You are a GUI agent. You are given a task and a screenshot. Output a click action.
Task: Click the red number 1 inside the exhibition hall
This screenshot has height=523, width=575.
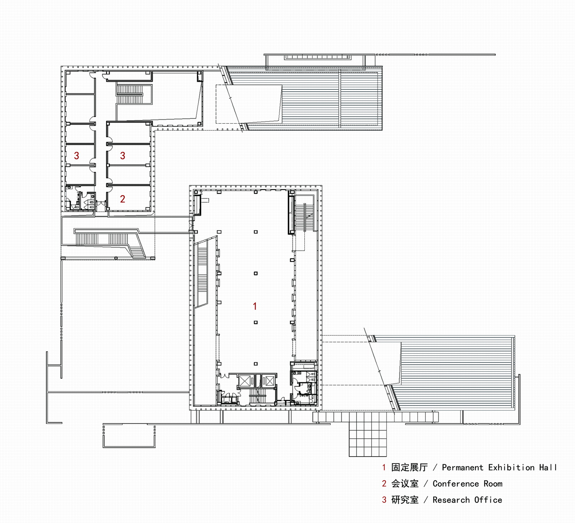click(x=255, y=306)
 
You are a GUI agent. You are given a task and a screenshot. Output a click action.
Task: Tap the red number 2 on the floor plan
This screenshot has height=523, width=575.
click(x=122, y=199)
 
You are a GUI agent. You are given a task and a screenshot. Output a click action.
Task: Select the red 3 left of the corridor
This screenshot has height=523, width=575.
click(x=76, y=156)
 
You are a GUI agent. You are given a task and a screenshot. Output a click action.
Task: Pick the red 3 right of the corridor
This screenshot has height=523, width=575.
click(x=122, y=156)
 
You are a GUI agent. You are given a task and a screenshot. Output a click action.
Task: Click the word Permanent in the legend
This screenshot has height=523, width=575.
click(x=462, y=467)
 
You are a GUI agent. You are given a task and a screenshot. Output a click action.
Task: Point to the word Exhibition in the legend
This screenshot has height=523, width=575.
click(x=511, y=467)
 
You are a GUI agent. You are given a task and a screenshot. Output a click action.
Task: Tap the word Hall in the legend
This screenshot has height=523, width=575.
click(x=548, y=467)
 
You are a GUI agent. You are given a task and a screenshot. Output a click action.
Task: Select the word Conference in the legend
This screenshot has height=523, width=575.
click(x=456, y=484)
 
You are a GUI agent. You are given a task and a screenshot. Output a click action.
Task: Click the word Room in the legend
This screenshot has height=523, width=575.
click(x=493, y=484)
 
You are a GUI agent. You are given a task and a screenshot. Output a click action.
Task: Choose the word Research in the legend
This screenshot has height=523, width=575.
click(x=451, y=500)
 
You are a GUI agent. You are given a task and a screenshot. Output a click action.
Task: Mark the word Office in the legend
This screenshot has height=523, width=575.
click(x=488, y=500)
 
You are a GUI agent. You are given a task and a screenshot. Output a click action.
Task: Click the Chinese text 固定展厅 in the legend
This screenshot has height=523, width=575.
click(x=410, y=467)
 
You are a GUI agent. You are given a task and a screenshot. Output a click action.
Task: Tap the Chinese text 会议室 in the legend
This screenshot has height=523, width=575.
click(x=405, y=484)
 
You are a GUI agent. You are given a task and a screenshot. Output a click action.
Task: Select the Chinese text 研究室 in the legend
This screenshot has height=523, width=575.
click(x=405, y=500)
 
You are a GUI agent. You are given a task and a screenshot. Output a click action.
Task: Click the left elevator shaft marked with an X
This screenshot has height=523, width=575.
click(x=245, y=381)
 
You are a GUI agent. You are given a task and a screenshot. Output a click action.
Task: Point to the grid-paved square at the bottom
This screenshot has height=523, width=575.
click(x=368, y=434)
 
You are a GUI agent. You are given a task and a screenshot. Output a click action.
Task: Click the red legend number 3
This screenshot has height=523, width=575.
click(x=384, y=500)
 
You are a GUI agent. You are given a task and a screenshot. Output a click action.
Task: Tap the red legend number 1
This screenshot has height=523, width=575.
click(x=384, y=467)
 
